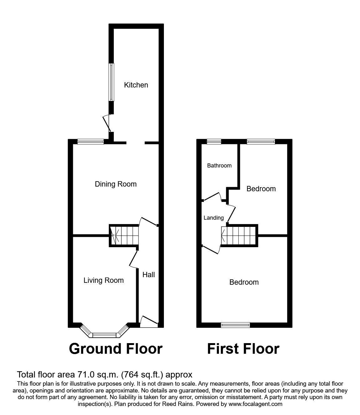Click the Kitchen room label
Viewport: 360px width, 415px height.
(x=136, y=85)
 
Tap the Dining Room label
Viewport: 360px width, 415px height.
(x=116, y=184)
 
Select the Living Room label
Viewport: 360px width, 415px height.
(x=104, y=280)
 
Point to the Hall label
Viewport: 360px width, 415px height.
(x=149, y=275)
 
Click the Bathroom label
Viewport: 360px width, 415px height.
(x=219, y=166)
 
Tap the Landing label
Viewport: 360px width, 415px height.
(x=214, y=218)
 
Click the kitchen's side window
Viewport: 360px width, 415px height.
(x=111, y=82)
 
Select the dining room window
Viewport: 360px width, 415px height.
(x=91, y=142)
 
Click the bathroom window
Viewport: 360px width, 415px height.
(x=214, y=142)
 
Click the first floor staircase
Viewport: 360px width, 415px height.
(x=239, y=235)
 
